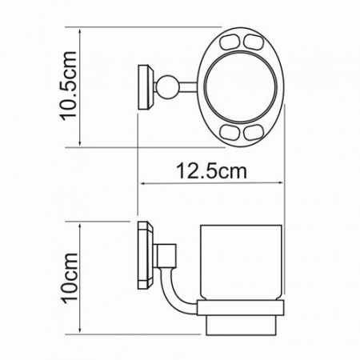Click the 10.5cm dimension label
tap(70, 86)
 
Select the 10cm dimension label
tap(70, 277)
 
